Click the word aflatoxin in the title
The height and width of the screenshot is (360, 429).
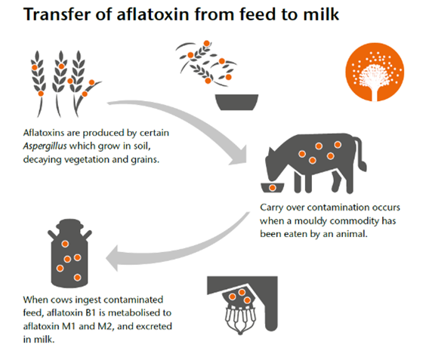(x=153, y=14)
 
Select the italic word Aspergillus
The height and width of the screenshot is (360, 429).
(x=45, y=146)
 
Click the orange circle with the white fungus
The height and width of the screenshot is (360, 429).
(x=375, y=72)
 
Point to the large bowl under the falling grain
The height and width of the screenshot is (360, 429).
(x=236, y=102)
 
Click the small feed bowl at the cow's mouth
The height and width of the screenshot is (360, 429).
(x=273, y=188)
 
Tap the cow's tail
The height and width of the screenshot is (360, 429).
(x=362, y=155)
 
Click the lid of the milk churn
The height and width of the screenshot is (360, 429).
(x=69, y=224)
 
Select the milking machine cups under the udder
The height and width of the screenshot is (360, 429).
(x=240, y=321)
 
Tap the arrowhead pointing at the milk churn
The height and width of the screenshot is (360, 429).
(x=113, y=258)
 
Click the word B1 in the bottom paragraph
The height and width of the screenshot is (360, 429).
(x=91, y=312)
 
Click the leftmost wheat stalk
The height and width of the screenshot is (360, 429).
(x=39, y=84)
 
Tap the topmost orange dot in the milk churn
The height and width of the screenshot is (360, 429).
(x=65, y=244)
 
